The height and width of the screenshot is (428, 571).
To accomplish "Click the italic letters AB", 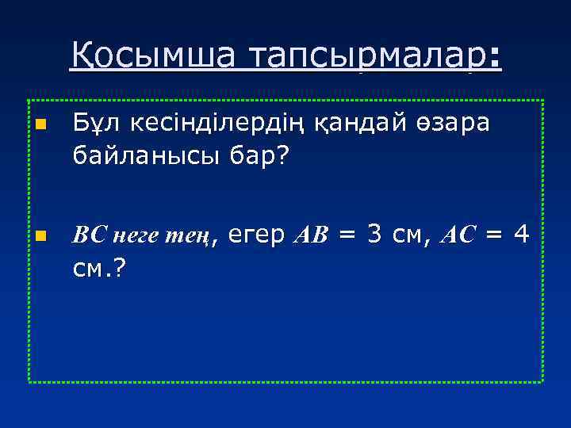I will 312,235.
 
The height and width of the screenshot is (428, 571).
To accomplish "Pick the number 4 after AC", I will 520,235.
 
